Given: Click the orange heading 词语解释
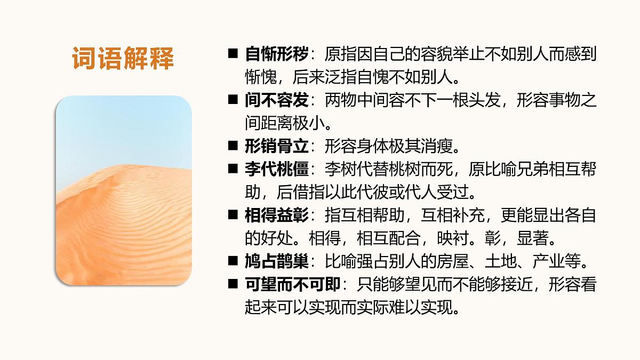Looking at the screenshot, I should [x=123, y=59].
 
